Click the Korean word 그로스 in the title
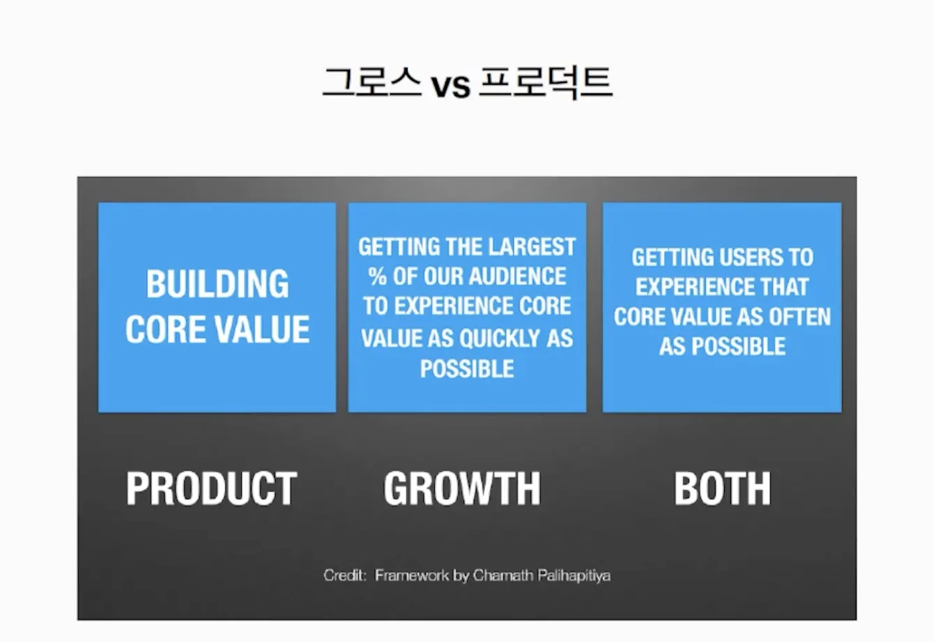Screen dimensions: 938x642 (372, 82)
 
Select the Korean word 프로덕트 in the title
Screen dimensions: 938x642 (546, 82)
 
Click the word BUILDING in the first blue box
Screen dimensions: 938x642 (217, 284)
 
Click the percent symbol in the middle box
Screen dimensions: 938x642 (377, 276)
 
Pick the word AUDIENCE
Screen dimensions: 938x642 (517, 276)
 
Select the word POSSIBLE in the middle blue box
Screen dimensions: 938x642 (467, 369)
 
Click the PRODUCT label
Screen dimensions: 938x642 (211, 488)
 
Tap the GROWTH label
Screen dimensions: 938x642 (462, 488)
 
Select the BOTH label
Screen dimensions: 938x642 (723, 488)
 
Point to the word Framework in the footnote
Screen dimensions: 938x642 (412, 575)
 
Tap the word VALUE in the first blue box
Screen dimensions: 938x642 (263, 329)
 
